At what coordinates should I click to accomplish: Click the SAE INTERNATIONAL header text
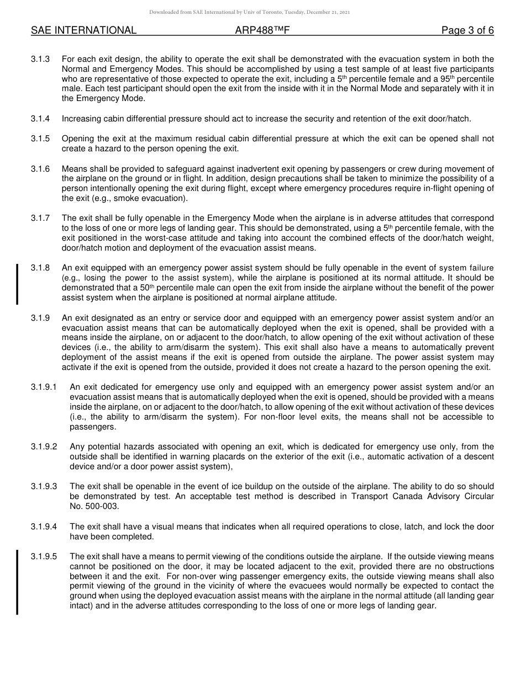click(x=83, y=31)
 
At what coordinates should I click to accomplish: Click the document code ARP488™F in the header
click(x=262, y=31)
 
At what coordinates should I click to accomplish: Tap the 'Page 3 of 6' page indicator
click(x=468, y=31)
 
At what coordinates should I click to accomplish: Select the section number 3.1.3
click(x=40, y=59)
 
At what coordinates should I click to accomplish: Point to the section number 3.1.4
click(x=40, y=119)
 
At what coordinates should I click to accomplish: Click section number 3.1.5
click(x=40, y=139)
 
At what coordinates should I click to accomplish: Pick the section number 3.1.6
click(x=40, y=168)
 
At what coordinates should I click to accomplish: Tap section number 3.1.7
click(x=40, y=218)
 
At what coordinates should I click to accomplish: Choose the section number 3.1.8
click(x=40, y=268)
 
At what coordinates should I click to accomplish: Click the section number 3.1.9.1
click(x=44, y=387)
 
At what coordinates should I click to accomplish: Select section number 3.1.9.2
click(x=44, y=447)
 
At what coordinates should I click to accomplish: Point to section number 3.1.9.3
click(x=44, y=486)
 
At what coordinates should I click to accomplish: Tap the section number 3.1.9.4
click(x=44, y=527)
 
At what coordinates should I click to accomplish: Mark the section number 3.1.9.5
click(x=44, y=556)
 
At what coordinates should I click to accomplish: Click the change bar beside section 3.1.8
click(x=17, y=284)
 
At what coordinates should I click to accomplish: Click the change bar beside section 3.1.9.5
click(x=17, y=582)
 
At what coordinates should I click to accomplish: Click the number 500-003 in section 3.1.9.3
click(x=94, y=506)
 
